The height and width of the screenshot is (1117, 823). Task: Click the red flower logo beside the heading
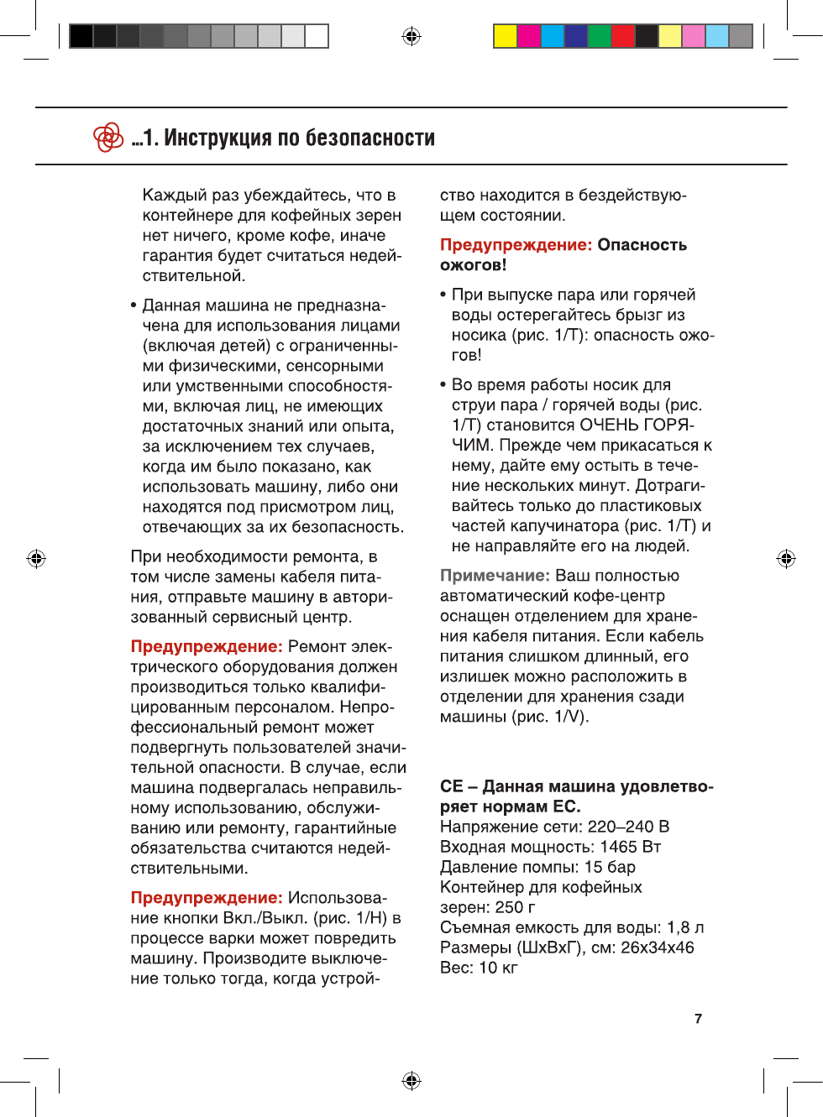[108, 137]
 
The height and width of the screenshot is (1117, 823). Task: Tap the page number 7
[698, 1019]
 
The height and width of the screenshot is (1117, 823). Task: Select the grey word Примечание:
[495, 576]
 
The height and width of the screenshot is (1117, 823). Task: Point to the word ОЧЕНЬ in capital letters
[611, 425]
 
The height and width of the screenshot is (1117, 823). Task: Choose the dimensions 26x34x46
[658, 947]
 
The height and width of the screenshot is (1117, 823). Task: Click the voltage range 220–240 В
[628, 827]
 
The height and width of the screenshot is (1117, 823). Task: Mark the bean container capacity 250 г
[515, 907]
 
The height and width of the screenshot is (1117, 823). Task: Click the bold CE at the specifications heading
[452, 786]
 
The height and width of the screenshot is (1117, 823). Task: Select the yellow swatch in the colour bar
[505, 36]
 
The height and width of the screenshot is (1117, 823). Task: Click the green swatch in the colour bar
[600, 36]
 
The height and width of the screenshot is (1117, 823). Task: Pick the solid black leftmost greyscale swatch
[81, 36]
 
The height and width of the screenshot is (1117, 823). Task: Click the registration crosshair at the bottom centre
[411, 1080]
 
